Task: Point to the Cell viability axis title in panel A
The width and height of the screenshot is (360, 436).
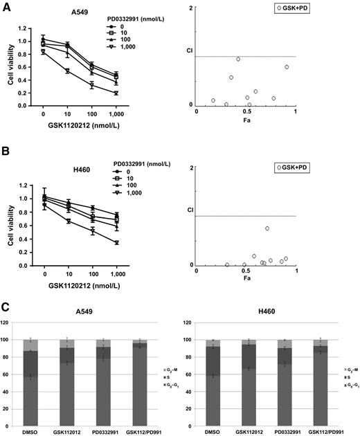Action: [10, 66]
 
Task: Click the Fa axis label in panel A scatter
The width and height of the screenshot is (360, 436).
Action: [247, 121]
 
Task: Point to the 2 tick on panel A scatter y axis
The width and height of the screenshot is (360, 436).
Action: [190, 8]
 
